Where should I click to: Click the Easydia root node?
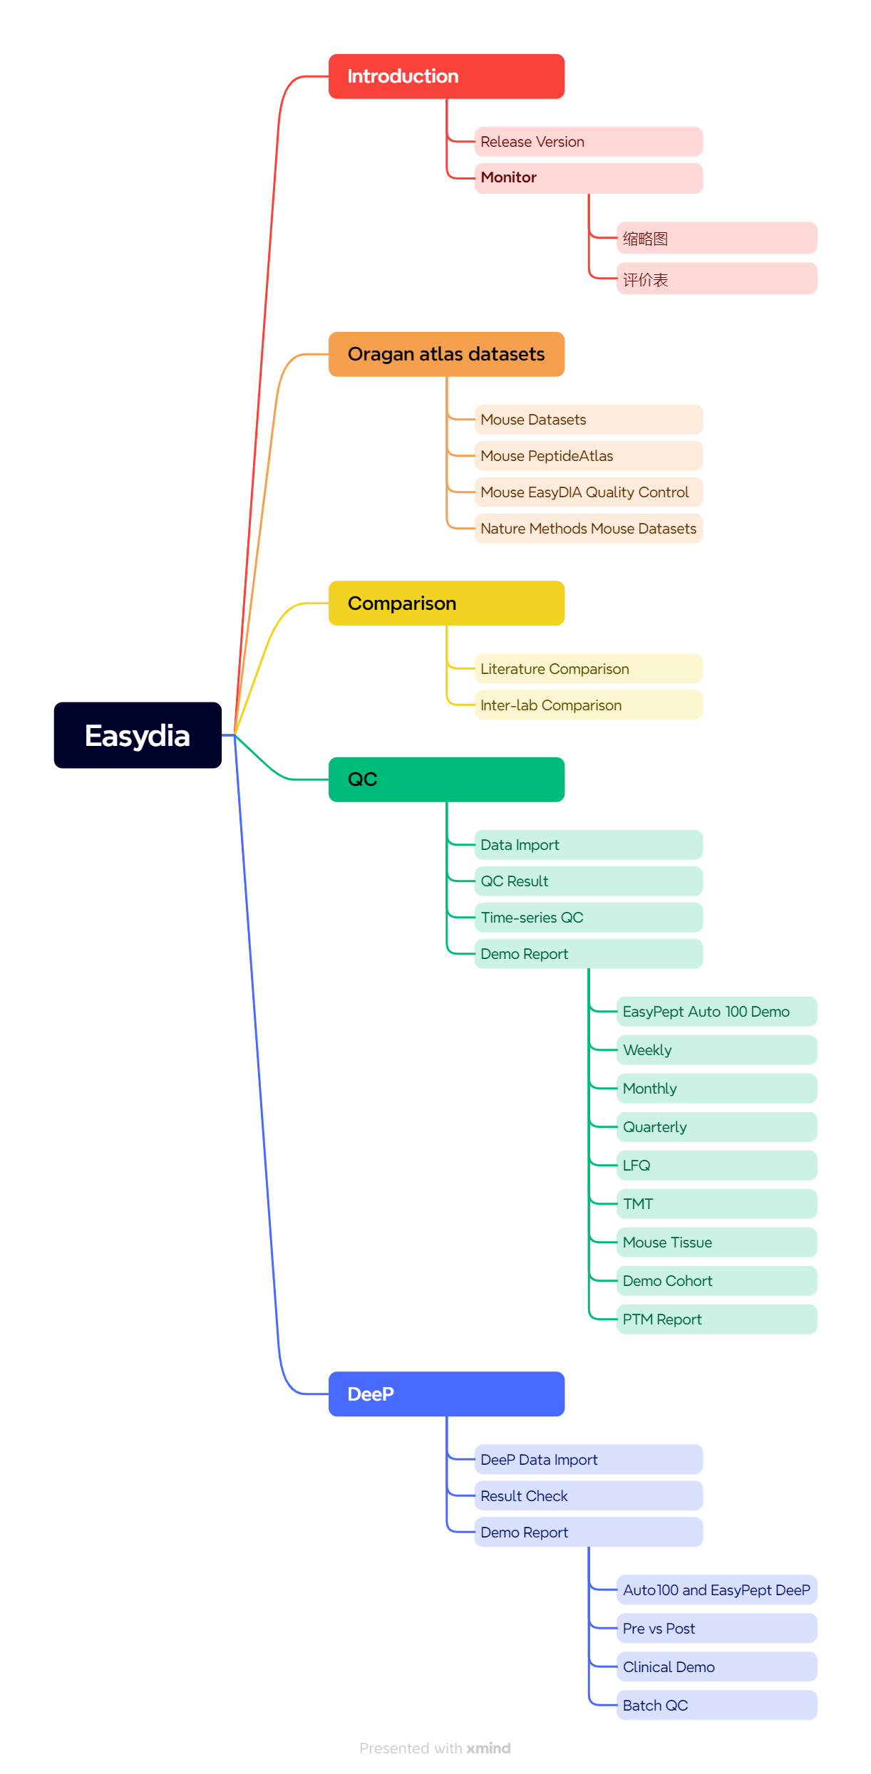[x=138, y=735]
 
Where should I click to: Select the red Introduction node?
[x=446, y=76]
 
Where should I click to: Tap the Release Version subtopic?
[x=588, y=142]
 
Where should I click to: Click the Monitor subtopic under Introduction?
[x=588, y=177]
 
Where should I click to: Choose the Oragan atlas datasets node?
[x=446, y=354]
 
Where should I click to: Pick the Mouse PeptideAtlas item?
[x=588, y=456]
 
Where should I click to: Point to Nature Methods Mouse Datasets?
[x=588, y=529]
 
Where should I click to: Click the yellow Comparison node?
[x=446, y=603]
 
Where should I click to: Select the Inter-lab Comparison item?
[x=588, y=705]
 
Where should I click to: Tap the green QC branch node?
[x=446, y=779]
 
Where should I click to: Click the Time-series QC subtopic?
[x=588, y=918]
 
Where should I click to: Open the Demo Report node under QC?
[x=588, y=954]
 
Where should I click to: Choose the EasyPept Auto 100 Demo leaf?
[x=716, y=1012]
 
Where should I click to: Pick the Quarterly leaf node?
[x=716, y=1127]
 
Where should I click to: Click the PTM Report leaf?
[x=716, y=1319]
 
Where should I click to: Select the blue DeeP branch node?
[x=446, y=1394]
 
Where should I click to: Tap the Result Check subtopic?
[x=588, y=1496]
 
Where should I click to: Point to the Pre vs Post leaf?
[x=716, y=1629]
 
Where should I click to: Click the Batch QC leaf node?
[x=716, y=1706]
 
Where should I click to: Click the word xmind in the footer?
[x=489, y=1748]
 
